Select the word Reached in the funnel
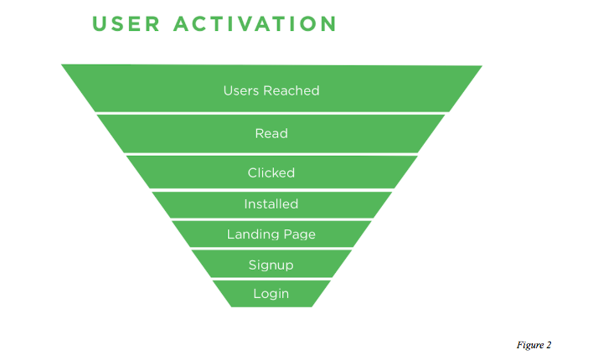(x=291, y=90)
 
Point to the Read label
(x=271, y=133)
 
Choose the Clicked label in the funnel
(x=271, y=172)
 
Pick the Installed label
(x=271, y=203)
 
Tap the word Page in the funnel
(x=299, y=235)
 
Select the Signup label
(x=271, y=265)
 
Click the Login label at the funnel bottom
(x=271, y=294)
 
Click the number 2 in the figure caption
(x=549, y=344)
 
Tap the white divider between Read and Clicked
(x=271, y=154)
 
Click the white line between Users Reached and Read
(x=271, y=113)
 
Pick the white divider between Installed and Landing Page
(x=271, y=219)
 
